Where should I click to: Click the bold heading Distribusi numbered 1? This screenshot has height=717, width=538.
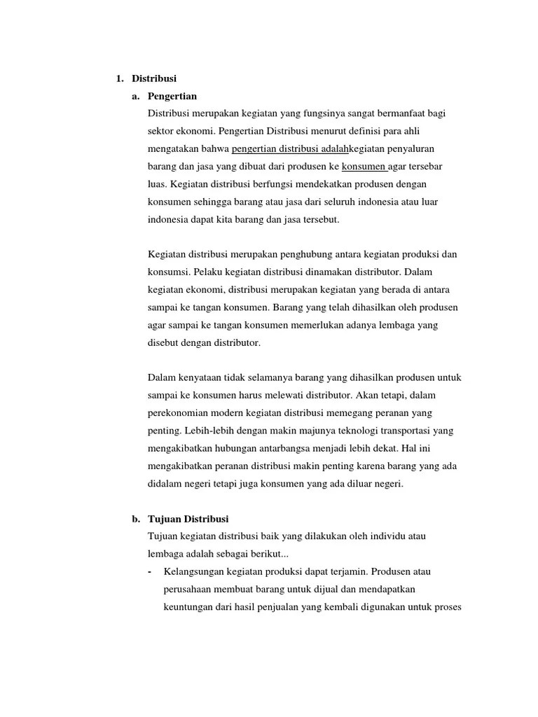(154, 78)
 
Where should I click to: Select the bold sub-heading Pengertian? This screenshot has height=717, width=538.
(172, 96)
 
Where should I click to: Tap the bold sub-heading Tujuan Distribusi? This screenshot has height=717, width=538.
(188, 519)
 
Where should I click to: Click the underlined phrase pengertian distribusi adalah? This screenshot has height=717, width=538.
(289, 149)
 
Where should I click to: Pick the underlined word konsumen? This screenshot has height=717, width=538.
(364, 167)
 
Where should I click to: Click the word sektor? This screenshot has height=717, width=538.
(160, 131)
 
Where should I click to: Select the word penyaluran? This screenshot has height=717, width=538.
(419, 149)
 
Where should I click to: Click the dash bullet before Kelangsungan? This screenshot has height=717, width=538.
(151, 571)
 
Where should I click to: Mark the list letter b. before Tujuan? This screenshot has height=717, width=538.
(136, 519)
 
